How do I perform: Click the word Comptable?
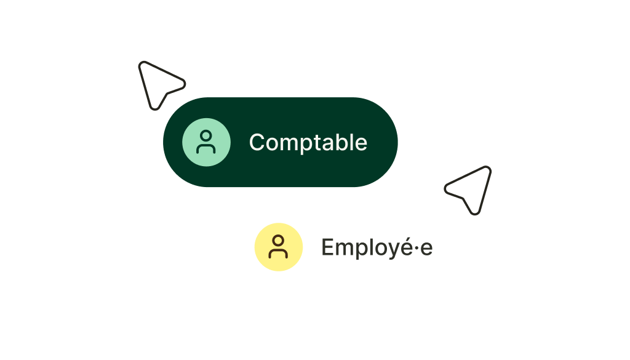click(x=308, y=143)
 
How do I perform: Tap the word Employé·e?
click(x=377, y=247)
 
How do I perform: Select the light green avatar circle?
click(x=206, y=142)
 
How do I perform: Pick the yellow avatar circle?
click(x=279, y=247)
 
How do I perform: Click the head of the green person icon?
click(x=206, y=135)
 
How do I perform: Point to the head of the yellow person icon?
click(x=278, y=241)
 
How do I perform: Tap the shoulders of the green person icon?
click(x=206, y=148)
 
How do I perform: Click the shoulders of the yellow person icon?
click(x=278, y=253)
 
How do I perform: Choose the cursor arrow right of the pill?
click(x=468, y=190)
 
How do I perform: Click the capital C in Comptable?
click(x=257, y=142)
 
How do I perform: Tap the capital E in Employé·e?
click(x=328, y=247)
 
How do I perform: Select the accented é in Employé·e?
click(x=404, y=247)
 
